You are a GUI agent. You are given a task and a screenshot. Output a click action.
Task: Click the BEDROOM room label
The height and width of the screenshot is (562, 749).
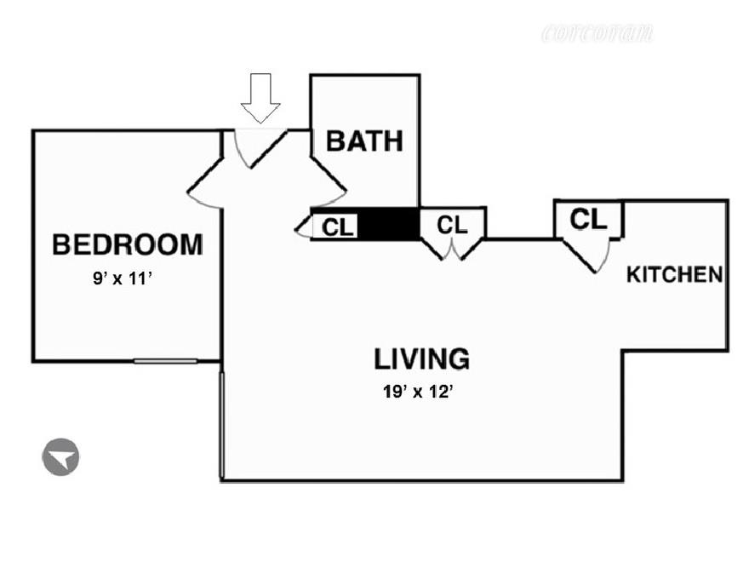[x=128, y=244]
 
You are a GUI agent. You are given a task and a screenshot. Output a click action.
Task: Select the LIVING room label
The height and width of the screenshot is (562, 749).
[x=421, y=358]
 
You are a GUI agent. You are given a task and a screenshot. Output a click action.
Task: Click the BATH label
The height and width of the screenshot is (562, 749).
[x=364, y=140]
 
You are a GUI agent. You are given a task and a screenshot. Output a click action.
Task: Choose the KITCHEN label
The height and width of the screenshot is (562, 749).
[x=675, y=275]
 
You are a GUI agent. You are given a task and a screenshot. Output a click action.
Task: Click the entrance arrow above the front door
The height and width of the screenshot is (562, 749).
[x=260, y=96]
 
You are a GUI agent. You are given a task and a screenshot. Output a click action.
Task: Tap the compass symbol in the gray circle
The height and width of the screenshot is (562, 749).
[x=60, y=457]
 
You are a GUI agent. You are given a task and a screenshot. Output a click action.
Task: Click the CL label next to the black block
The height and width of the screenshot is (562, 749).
[x=338, y=227]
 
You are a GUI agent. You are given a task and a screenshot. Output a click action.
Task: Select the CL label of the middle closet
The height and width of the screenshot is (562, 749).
[x=452, y=225]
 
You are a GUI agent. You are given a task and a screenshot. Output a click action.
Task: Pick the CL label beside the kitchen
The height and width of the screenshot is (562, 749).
[x=588, y=219]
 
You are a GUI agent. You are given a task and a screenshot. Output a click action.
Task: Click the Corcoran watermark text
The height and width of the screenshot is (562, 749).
[x=597, y=34]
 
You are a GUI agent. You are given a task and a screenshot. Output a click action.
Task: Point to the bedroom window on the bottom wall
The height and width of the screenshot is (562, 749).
[x=165, y=360]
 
